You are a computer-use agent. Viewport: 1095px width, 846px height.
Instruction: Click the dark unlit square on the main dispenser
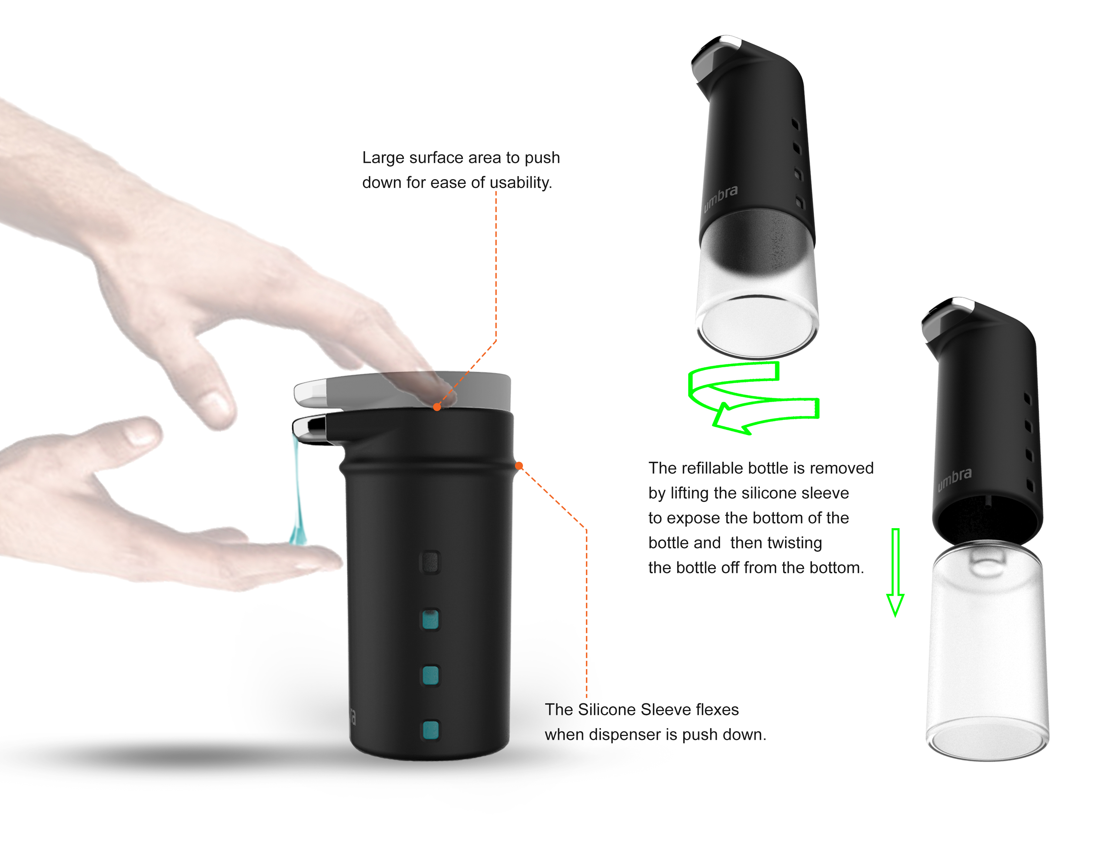[430, 562]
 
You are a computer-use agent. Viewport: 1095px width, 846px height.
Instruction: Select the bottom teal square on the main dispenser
[430, 730]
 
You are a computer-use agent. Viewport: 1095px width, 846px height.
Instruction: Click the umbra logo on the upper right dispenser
[720, 198]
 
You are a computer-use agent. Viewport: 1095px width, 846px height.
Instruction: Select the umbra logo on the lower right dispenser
[954, 479]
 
